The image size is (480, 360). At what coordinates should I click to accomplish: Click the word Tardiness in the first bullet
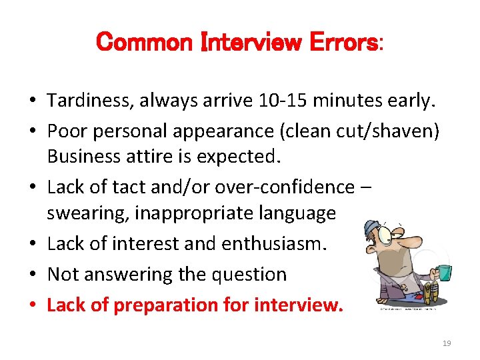tap(89, 101)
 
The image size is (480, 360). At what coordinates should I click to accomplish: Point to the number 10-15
tap(287, 101)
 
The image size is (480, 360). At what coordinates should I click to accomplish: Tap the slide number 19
tap(447, 343)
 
